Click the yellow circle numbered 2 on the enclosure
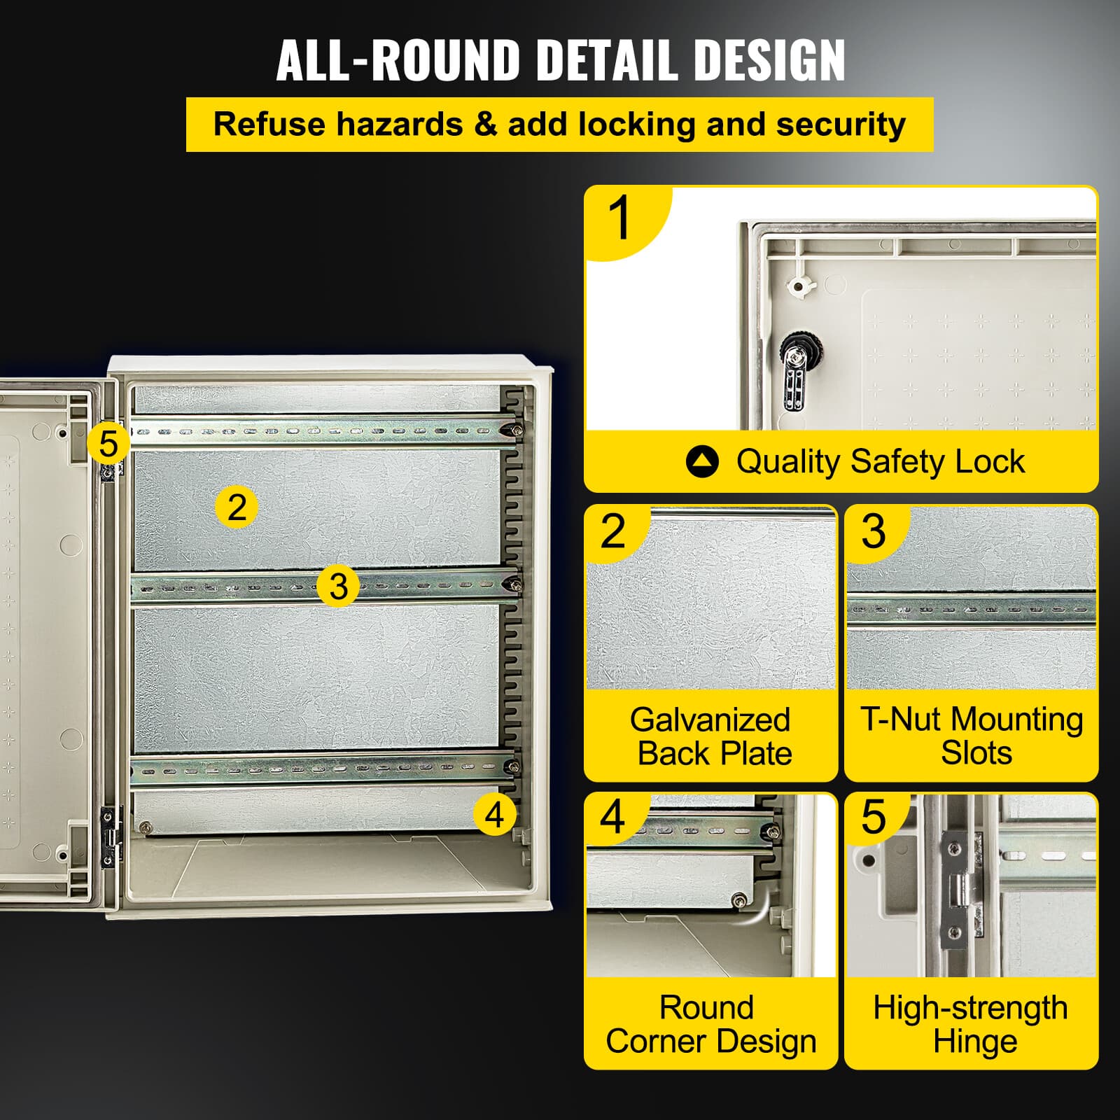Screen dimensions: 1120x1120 click(x=237, y=507)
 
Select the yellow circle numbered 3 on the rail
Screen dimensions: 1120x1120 click(x=338, y=586)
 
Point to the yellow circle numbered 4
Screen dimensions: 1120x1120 click(x=494, y=814)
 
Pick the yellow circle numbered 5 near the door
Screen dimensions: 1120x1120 click(x=108, y=444)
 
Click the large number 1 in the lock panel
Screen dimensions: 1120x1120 click(x=620, y=218)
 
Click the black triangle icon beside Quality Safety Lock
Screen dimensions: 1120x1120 click(x=702, y=462)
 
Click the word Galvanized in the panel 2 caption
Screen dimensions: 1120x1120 click(x=710, y=720)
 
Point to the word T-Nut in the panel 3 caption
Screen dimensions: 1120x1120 click(x=903, y=720)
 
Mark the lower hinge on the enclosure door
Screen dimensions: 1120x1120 click(x=109, y=836)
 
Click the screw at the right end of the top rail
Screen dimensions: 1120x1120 click(x=517, y=430)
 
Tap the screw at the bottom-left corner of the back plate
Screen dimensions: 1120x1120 click(x=145, y=827)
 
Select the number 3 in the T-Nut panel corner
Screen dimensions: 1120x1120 click(x=873, y=531)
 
